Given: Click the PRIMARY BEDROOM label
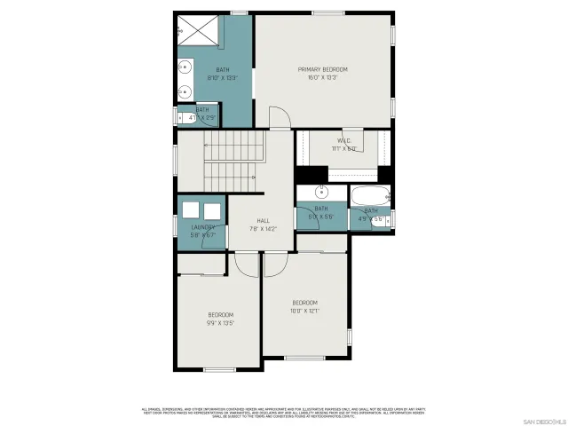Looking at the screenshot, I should [x=322, y=69].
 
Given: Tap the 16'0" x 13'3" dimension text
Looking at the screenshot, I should [x=322, y=77].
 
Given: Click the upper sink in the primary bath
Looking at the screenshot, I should [x=187, y=66].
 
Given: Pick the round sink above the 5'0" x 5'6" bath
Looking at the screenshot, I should [x=323, y=192].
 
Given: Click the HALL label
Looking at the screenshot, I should [x=264, y=221].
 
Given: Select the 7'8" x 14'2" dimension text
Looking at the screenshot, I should [x=264, y=229].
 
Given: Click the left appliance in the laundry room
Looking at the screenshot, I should [x=190, y=210].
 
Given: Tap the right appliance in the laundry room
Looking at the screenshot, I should [x=212, y=210].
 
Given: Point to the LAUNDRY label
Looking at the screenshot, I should [x=203, y=227].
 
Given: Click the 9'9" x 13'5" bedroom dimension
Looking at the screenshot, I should [x=220, y=323].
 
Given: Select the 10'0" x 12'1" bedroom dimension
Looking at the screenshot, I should [x=304, y=311].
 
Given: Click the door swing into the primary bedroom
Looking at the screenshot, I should [x=280, y=119].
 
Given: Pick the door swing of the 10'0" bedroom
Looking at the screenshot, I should [x=274, y=264].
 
